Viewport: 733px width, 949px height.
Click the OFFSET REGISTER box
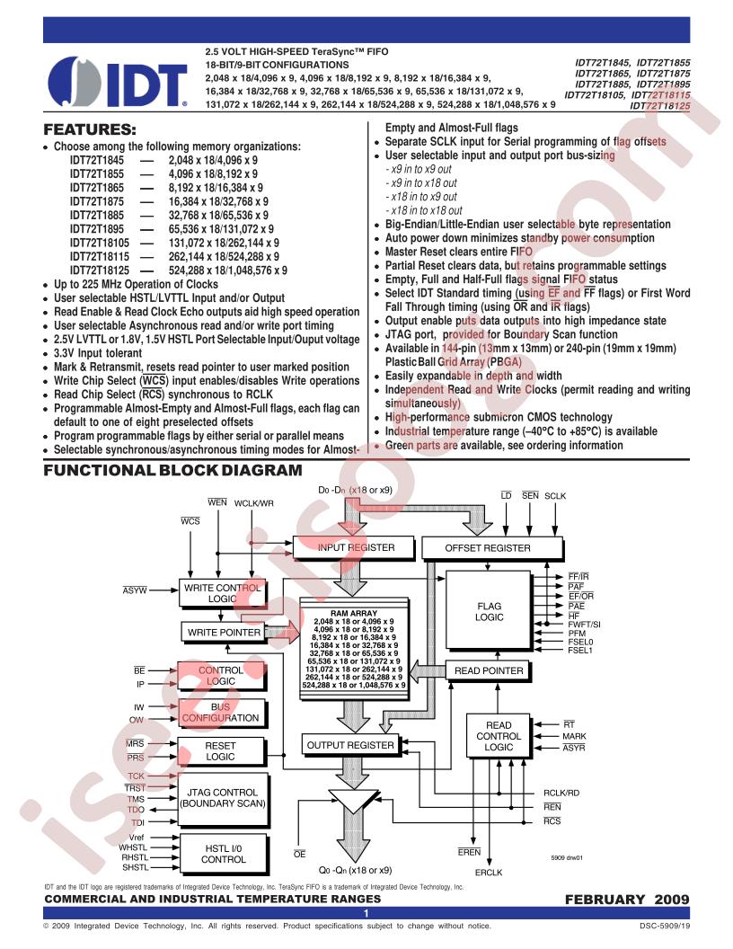488,547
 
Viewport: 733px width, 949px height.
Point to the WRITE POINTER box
223,633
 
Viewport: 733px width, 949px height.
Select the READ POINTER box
488,670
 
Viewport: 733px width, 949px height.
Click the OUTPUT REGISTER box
350,745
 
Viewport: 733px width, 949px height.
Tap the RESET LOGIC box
221,751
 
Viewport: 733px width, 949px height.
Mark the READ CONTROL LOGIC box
499,736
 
